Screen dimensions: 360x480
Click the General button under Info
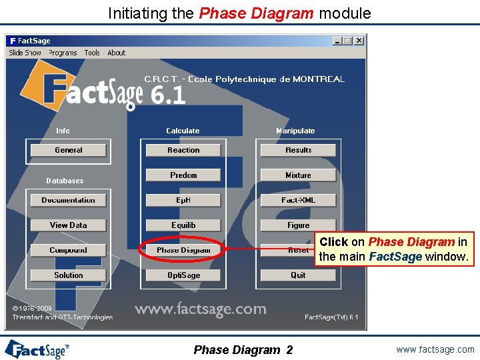(69, 151)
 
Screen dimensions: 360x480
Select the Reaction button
(183, 151)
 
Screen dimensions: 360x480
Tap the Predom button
(183, 175)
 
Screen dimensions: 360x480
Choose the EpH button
(183, 200)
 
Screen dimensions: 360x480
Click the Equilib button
(183, 225)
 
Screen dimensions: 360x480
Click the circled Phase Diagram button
(183, 250)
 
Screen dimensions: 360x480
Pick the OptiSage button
(183, 275)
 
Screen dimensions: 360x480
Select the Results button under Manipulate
(298, 151)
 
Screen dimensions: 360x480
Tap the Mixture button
(298, 175)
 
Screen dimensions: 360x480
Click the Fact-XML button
(298, 200)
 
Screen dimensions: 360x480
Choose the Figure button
(298, 225)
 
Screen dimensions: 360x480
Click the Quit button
(298, 275)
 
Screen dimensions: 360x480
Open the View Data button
(69, 225)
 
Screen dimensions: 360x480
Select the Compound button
(69, 250)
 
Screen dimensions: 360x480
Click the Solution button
(69, 275)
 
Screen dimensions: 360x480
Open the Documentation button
(69, 200)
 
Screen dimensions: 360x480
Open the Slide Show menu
(25, 53)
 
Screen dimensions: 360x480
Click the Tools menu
(92, 53)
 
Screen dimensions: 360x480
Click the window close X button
(359, 41)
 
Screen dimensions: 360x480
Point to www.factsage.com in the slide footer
(435, 349)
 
